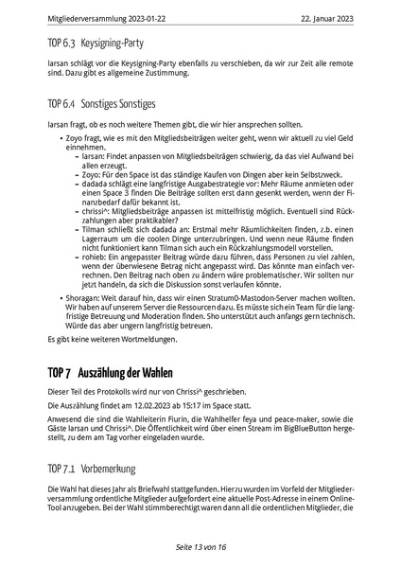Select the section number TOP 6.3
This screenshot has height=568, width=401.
63,43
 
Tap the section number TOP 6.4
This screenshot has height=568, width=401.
63,103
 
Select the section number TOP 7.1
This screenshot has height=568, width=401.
63,468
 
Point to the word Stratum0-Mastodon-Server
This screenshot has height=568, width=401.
233,323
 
